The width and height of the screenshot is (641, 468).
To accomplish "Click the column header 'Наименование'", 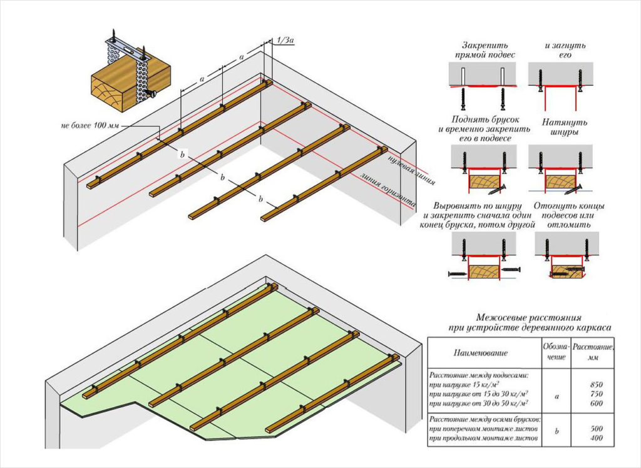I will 481,354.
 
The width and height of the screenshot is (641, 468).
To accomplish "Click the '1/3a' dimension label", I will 285,40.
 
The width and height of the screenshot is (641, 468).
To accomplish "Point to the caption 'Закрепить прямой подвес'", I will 485,50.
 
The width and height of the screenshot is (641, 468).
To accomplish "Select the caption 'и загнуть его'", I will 560,50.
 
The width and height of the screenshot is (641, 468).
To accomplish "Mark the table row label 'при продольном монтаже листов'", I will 483,440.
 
